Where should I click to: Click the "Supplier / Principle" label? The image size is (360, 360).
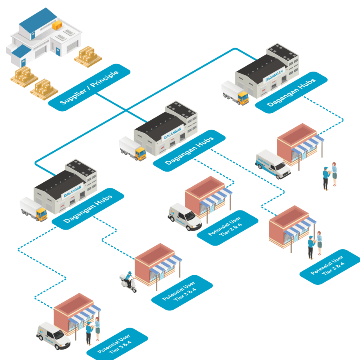89,86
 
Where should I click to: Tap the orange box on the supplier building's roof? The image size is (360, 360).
57,25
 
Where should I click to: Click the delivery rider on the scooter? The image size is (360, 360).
128,280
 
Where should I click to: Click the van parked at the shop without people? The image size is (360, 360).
184,217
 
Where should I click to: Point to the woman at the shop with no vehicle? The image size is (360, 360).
319,242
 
